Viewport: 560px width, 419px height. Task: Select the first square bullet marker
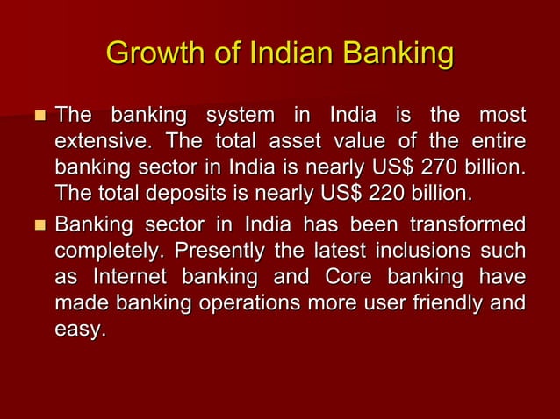[38, 116]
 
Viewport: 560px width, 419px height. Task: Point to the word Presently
[220, 250]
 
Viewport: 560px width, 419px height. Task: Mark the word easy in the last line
[79, 330]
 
